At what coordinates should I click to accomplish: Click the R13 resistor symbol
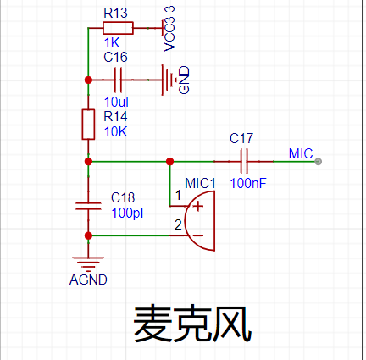pos(118,28)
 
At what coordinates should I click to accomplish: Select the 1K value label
pos(112,43)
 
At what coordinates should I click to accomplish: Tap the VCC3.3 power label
pos(169,29)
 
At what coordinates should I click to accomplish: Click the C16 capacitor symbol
pos(118,80)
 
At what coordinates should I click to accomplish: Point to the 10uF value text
pos(119,102)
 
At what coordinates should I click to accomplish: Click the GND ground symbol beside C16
pos(169,80)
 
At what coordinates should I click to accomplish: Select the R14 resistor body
pos(88,125)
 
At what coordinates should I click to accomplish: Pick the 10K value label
pos(116,132)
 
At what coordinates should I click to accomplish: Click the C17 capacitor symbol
pos(244,162)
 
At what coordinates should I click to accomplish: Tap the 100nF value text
pos(248,184)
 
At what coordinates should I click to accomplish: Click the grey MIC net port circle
pos(319,162)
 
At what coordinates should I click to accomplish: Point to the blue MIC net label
pos(301,154)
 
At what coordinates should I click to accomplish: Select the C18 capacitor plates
pos(88,206)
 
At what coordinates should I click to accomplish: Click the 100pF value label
pos(130,213)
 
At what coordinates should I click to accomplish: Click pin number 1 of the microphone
pos(178,195)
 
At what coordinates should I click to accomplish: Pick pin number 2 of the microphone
pos(178,225)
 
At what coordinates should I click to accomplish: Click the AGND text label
pos(88,280)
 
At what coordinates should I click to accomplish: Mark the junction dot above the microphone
pos(169,162)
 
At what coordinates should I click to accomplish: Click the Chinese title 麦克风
pos(192,324)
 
